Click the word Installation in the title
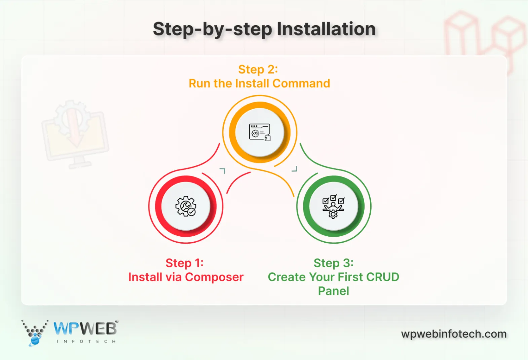326,29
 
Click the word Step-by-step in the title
212,30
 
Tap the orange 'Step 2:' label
258,70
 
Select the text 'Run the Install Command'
259,83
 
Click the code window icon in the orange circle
260,132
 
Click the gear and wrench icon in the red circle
186,206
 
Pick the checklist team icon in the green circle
333,206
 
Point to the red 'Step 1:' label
184,263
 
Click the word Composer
214,277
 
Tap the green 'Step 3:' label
333,263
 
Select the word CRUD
382,277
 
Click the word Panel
333,291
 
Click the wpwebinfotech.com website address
454,334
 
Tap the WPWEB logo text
85,328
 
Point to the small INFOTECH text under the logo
86,342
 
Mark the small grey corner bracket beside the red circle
223,171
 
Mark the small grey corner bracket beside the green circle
295,169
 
